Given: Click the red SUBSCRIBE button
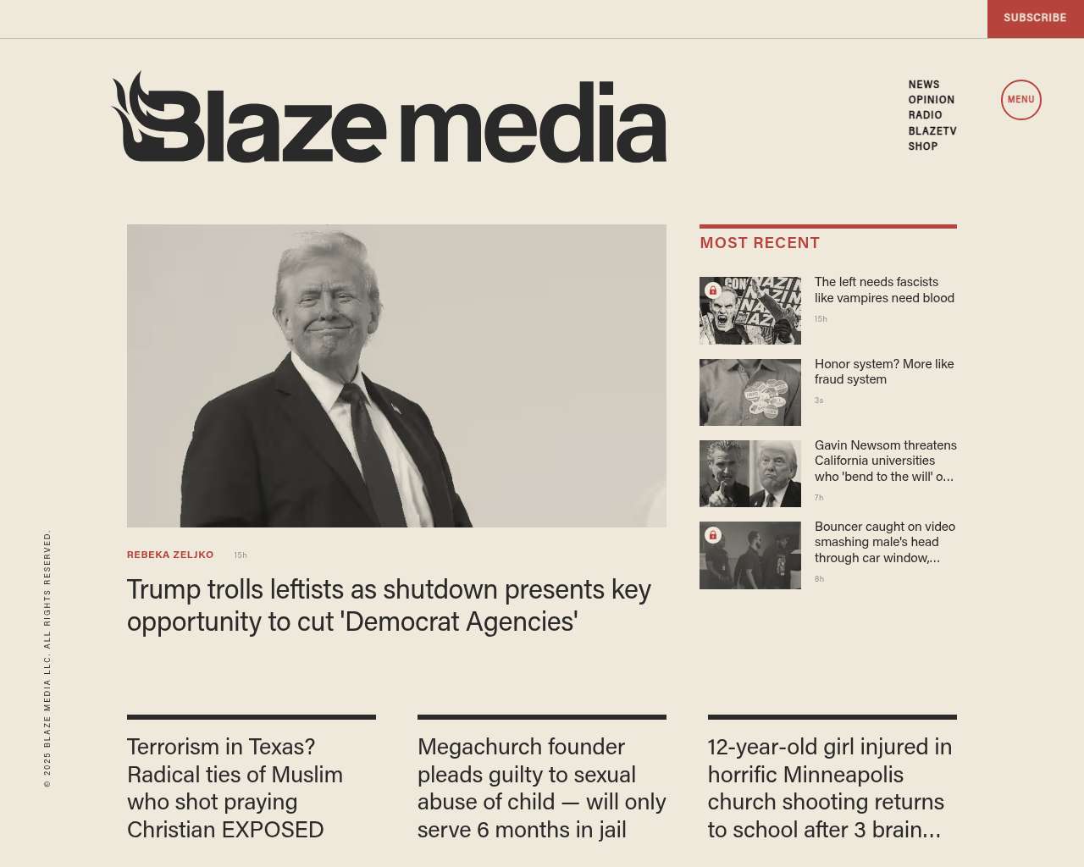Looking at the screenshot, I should click(x=1035, y=18).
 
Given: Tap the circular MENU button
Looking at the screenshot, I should click(x=1020, y=100).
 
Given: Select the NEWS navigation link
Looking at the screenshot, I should click(x=924, y=85).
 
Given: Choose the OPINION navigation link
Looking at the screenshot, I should click(x=932, y=100).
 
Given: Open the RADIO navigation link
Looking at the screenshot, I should click(x=926, y=115).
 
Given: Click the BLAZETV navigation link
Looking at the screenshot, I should click(x=932, y=131).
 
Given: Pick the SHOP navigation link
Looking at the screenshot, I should click(x=923, y=146).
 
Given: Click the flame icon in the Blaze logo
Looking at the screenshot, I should click(x=135, y=110).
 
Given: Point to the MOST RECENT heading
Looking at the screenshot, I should click(x=760, y=243).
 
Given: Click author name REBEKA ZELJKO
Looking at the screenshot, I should click(x=170, y=555).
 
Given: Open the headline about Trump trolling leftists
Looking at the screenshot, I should click(x=389, y=605).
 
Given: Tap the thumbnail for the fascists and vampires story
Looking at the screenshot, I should click(x=750, y=311).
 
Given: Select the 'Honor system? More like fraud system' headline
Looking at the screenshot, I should click(x=884, y=372).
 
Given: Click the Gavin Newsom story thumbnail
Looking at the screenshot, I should click(x=750, y=473).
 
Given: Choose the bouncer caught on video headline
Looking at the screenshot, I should click(x=885, y=542).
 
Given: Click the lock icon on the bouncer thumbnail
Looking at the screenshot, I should click(x=713, y=535).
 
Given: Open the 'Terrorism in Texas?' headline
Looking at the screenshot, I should click(x=235, y=788).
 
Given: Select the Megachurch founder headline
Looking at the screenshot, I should click(x=541, y=788).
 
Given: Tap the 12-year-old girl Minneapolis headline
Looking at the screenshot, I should click(x=830, y=788).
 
